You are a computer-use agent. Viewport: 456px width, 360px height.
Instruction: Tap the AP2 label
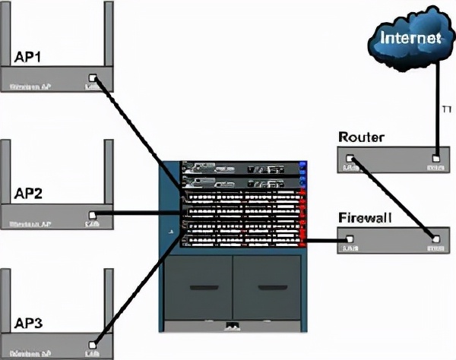[x=29, y=194]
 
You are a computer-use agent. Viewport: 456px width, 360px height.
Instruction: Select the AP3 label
[x=29, y=324]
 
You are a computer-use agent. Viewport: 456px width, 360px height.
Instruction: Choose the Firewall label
[x=364, y=219]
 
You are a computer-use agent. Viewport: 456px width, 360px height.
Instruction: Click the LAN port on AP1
[x=93, y=77]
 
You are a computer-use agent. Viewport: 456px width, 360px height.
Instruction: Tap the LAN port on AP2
[x=93, y=215]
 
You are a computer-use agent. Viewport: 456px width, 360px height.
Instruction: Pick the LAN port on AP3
[x=93, y=344]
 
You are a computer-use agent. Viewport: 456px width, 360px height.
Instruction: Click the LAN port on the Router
[x=350, y=159]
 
